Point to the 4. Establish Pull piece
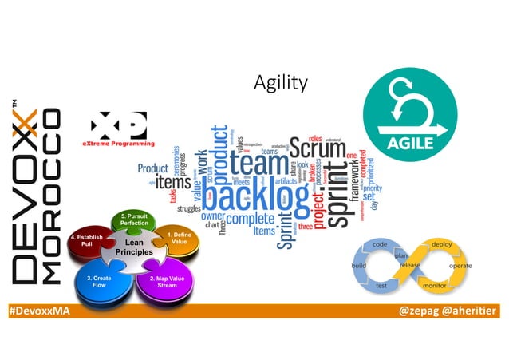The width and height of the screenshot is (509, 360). pos(86,241)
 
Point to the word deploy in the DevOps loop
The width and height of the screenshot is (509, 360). pos(442,243)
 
